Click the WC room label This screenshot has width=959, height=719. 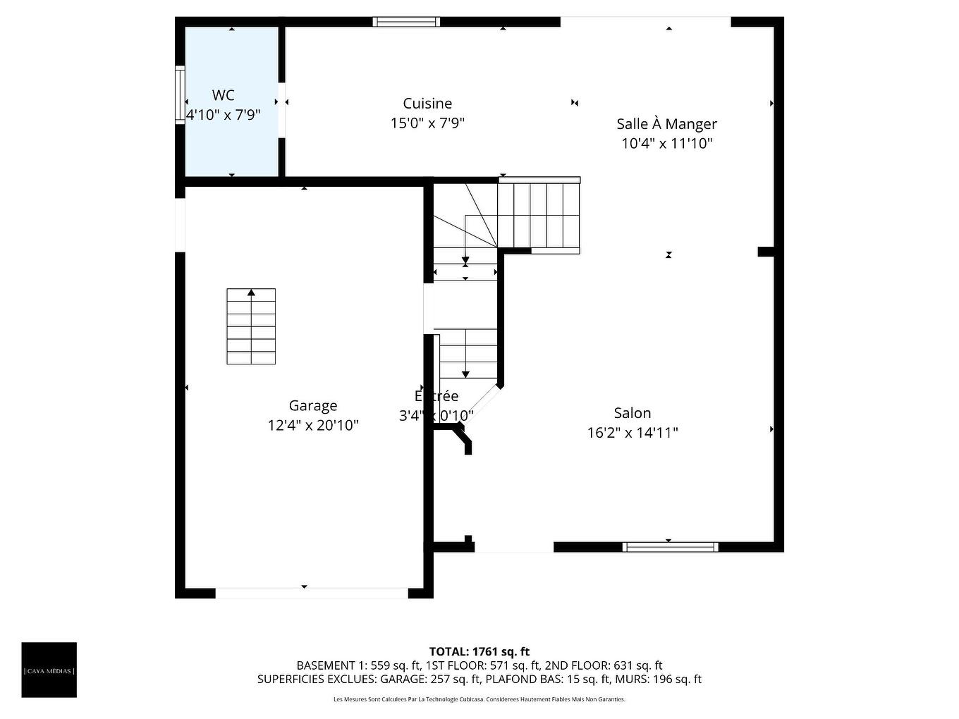click(223, 95)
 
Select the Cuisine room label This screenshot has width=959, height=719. click(427, 104)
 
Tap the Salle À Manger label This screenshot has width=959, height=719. click(666, 124)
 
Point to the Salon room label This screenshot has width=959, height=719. click(632, 413)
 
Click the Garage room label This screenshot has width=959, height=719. click(312, 405)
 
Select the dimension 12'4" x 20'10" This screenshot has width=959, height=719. click(313, 425)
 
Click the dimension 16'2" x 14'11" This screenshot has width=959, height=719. click(632, 433)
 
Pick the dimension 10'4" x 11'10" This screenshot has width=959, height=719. click(666, 144)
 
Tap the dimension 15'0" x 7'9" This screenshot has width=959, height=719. click(427, 123)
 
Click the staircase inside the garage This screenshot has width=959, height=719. click(251, 326)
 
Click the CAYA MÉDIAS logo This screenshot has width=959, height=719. click(49, 670)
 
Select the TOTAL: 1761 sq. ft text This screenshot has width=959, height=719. click(479, 651)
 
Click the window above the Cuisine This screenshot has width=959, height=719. click(406, 22)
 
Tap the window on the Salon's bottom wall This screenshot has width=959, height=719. click(670, 547)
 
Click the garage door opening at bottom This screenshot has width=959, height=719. click(311, 593)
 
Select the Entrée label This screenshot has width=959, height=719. click(436, 396)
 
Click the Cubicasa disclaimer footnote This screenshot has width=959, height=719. click(479, 699)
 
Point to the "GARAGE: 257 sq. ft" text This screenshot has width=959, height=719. click(430, 680)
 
